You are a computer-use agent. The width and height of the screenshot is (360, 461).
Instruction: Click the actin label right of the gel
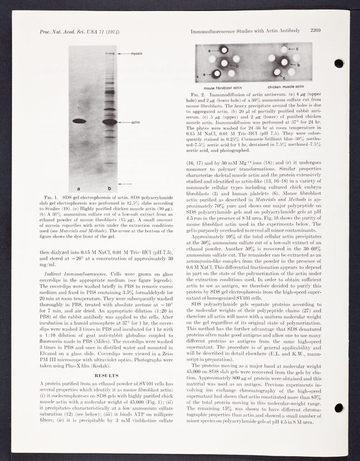click(135, 123)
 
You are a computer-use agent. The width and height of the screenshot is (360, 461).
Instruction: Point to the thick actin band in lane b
click(109, 122)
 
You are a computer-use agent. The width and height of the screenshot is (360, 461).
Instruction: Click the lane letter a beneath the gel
click(78, 188)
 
